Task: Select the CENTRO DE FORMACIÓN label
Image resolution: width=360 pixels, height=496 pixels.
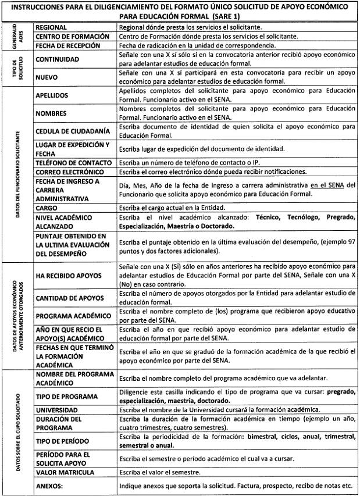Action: pos(72,36)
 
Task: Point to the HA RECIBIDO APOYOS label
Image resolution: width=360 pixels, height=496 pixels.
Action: pos(73,276)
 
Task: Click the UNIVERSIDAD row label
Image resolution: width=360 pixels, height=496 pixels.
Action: pos(59,409)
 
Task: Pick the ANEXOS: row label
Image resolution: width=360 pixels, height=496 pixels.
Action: pos(50,484)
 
